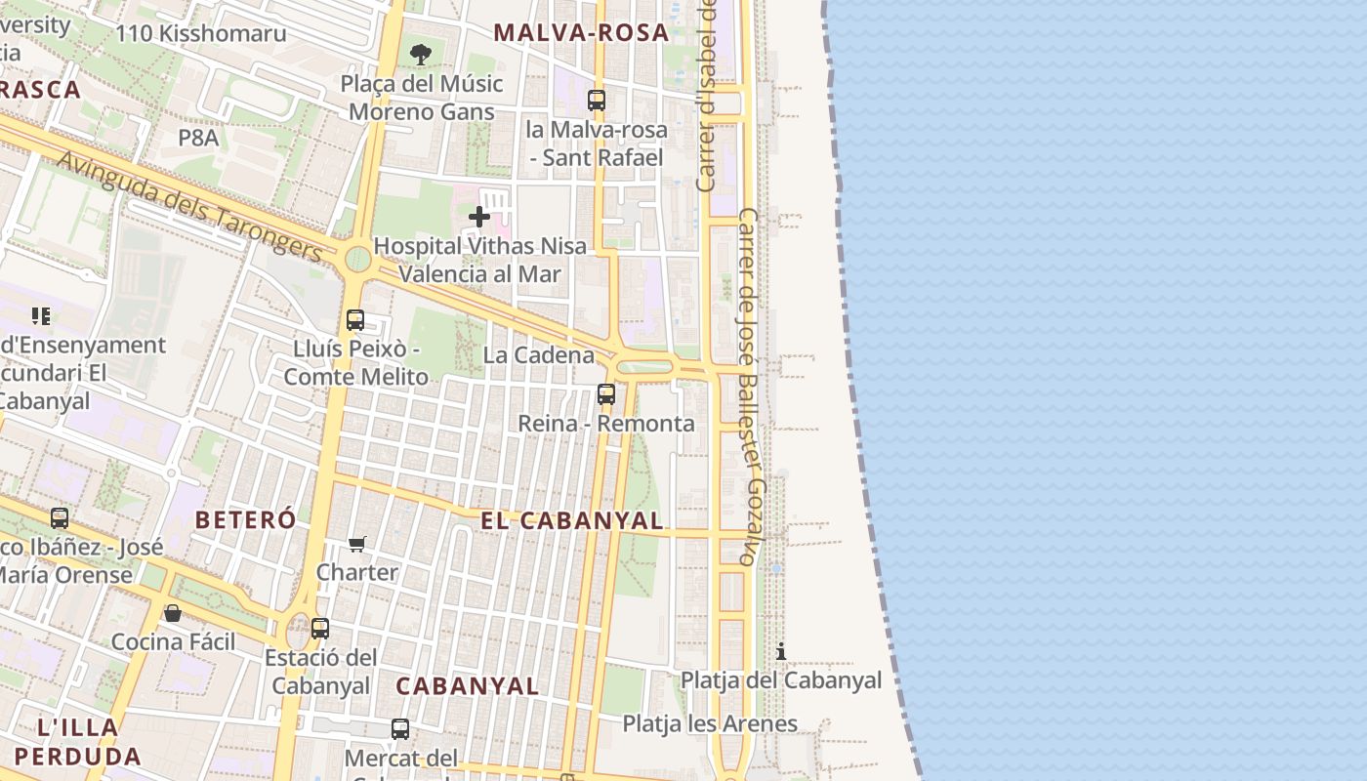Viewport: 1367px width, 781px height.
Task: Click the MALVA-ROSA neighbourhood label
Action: [581, 32]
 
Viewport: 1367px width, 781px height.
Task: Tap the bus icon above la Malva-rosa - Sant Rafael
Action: [596, 100]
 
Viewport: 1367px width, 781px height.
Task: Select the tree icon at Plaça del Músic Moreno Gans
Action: [421, 55]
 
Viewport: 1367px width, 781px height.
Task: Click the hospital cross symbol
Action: [479, 217]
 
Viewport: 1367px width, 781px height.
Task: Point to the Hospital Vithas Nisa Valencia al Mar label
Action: [480, 260]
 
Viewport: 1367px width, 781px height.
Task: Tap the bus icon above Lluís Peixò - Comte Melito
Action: [355, 319]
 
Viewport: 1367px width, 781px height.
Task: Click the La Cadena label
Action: [538, 354]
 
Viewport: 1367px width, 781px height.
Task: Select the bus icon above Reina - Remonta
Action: [606, 394]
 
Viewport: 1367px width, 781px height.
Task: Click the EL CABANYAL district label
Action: [572, 520]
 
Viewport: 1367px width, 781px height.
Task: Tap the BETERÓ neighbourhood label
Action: [245, 519]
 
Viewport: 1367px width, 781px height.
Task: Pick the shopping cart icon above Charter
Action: [357, 544]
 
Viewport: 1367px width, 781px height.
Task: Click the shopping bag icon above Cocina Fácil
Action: [173, 613]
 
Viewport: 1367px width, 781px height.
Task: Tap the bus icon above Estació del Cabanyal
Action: [320, 629]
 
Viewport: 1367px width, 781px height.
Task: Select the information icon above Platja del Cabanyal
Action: [781, 651]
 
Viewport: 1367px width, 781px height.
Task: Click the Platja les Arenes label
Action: [710, 723]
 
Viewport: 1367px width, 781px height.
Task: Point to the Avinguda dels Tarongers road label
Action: [189, 206]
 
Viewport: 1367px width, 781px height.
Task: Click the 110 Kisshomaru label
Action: [201, 33]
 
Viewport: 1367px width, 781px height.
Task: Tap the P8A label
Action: [198, 138]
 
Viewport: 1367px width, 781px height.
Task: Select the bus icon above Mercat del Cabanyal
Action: [400, 728]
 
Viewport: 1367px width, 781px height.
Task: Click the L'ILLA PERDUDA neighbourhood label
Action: [78, 741]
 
